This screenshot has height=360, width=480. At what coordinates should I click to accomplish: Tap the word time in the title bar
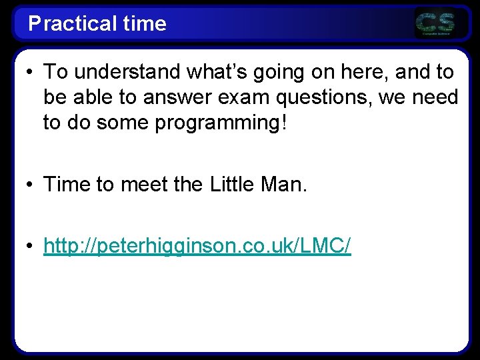145,24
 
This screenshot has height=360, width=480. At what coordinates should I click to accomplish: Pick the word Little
233,185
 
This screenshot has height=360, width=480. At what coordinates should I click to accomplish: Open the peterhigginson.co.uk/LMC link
197,247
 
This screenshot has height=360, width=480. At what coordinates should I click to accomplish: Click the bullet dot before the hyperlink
31,247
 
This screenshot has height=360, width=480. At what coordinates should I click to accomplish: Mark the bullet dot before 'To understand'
31,71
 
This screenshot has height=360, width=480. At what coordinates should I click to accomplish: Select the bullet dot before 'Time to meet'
31,185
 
